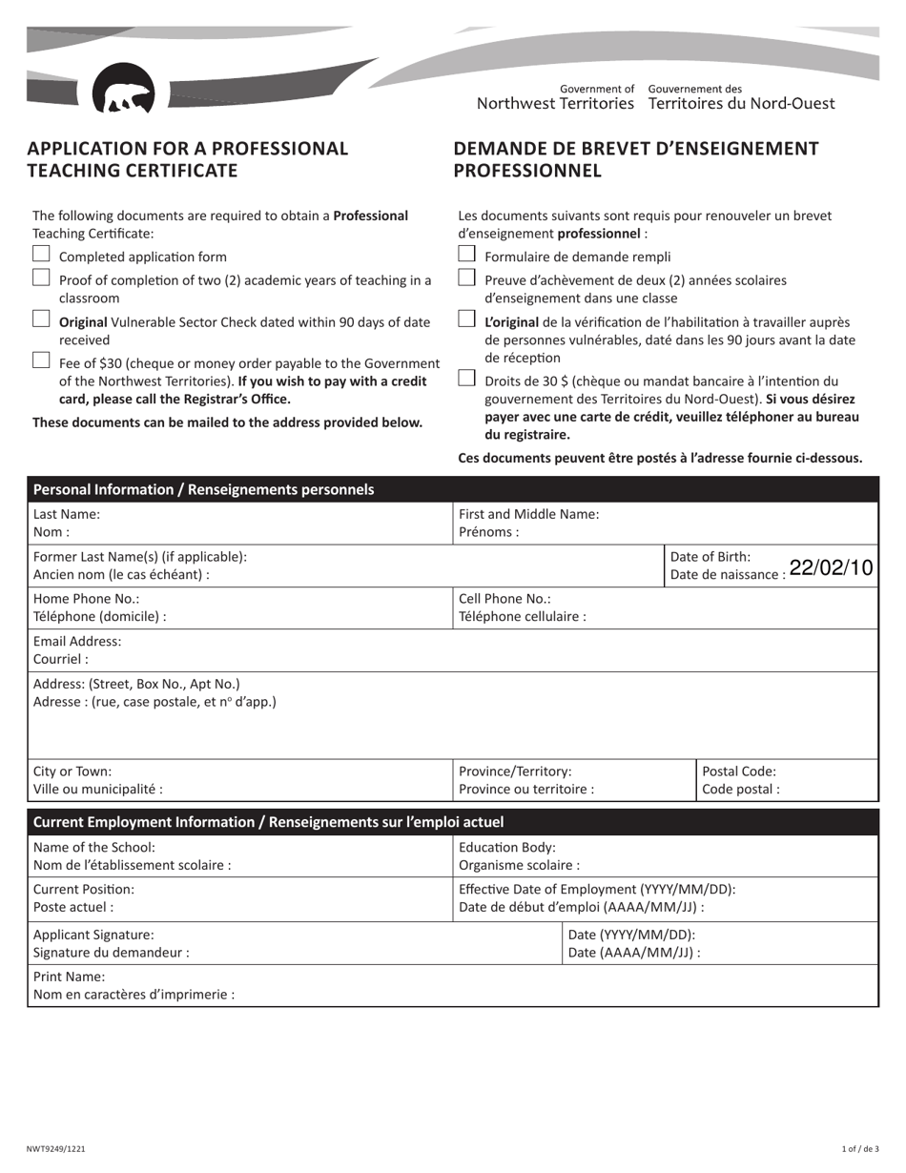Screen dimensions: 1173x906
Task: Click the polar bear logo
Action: point(124,91)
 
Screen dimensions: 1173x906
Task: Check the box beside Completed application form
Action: point(41,255)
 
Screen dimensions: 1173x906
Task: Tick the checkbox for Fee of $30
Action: point(41,360)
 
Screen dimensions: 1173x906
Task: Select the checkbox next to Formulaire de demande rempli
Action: point(466,255)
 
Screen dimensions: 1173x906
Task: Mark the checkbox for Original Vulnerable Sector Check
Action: point(41,319)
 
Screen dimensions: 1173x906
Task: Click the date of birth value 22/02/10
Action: point(831,567)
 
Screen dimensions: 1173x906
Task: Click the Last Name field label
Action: point(66,514)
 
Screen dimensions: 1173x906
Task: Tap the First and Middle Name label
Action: point(528,514)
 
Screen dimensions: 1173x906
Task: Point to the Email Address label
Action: point(77,642)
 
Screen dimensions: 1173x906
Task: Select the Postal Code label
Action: point(739,772)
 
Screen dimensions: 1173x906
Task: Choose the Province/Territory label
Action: point(515,772)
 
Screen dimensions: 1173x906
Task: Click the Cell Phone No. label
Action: point(504,599)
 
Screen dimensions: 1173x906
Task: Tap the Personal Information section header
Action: point(203,490)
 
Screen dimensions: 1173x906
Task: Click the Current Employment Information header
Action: point(268,822)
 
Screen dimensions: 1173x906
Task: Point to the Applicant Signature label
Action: point(93,935)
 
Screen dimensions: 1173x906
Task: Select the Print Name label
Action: point(69,977)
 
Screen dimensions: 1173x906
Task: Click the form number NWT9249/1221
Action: point(56,1150)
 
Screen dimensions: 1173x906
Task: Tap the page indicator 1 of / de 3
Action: point(860,1150)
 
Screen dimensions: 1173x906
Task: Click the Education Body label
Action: point(507,847)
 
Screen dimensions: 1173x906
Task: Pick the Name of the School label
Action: point(93,847)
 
